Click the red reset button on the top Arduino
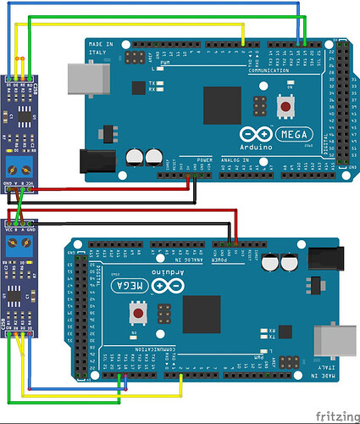288,108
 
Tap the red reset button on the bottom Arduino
136,315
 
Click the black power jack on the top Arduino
96,162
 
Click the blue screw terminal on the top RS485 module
19,166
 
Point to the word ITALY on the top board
97,52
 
